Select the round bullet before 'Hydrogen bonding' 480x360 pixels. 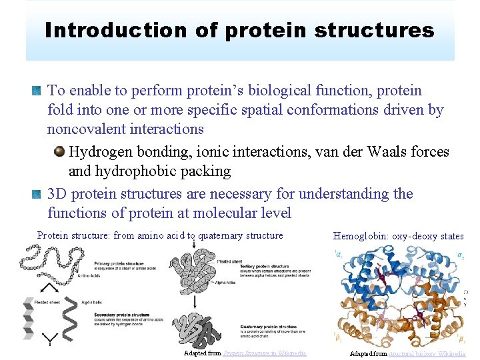click(x=59, y=152)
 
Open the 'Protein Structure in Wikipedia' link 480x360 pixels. click(x=265, y=353)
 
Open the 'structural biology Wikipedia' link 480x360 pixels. click(x=427, y=353)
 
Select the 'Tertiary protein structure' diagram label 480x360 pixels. click(x=263, y=267)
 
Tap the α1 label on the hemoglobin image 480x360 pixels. click(x=337, y=253)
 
